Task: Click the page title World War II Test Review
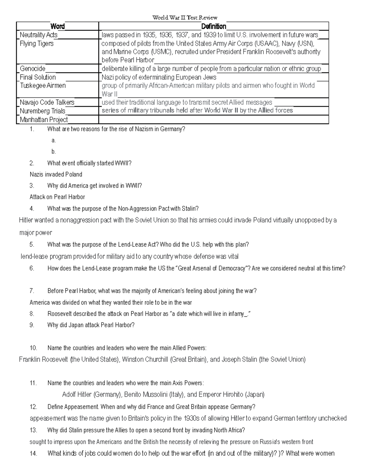pos(185,17)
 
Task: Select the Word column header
pos(57,26)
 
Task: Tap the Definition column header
pos(213,26)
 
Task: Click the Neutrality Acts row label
pos(39,35)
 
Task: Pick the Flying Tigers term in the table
pos(36,44)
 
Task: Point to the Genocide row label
pos(33,69)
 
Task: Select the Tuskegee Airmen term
pos(43,86)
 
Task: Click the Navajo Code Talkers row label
pos(47,102)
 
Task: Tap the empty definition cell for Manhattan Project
pos(213,120)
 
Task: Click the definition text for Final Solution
pos(159,77)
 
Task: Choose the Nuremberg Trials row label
pos(42,111)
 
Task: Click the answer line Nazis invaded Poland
pos(56,174)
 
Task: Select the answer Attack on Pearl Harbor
pos(57,197)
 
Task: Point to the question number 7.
pos(32,291)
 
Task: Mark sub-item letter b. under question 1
pos(54,151)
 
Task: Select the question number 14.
pos(33,453)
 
